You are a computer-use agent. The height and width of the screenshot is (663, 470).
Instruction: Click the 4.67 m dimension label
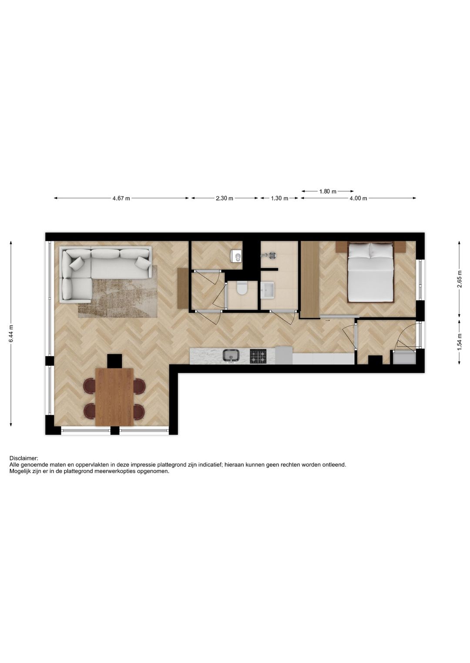click(x=121, y=199)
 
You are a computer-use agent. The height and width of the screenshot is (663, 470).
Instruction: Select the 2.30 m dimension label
click(x=225, y=199)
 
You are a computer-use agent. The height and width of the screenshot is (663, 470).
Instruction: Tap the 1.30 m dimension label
click(x=279, y=199)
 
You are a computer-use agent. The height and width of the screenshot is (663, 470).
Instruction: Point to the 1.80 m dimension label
click(x=328, y=192)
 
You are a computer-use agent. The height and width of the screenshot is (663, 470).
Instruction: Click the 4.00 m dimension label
click(x=358, y=199)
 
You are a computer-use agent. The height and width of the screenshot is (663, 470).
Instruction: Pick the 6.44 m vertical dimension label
click(x=11, y=334)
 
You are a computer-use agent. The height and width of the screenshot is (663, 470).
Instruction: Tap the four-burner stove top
click(x=258, y=357)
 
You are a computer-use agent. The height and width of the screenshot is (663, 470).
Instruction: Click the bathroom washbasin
click(x=267, y=290)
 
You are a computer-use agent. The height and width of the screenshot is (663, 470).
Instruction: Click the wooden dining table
click(x=114, y=397)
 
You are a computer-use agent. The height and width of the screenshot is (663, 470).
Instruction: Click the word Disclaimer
click(x=23, y=458)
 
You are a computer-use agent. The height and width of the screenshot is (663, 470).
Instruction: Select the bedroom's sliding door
click(x=339, y=316)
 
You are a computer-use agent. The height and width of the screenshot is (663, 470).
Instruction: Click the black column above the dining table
click(x=114, y=361)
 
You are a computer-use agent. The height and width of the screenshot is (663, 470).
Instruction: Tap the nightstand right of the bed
click(x=400, y=247)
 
